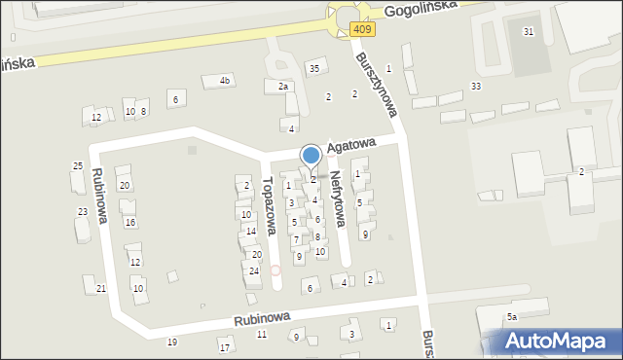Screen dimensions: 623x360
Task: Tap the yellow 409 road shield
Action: [362, 30]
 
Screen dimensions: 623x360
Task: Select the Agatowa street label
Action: [351, 145]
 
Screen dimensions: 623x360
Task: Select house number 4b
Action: [225, 80]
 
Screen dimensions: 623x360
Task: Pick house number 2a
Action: [283, 87]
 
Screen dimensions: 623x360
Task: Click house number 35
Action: [313, 68]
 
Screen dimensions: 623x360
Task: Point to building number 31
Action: [529, 32]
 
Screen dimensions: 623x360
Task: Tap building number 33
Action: [475, 87]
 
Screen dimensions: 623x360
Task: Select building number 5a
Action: [510, 317]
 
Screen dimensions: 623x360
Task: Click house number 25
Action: [78, 166]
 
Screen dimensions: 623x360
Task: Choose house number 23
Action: [83, 211]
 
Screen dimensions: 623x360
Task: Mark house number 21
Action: [101, 289]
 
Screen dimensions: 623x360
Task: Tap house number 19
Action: [172, 342]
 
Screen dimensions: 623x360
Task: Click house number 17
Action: [225, 347]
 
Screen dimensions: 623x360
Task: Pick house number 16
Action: [130, 223]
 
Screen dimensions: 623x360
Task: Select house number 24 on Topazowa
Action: [254, 270]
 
